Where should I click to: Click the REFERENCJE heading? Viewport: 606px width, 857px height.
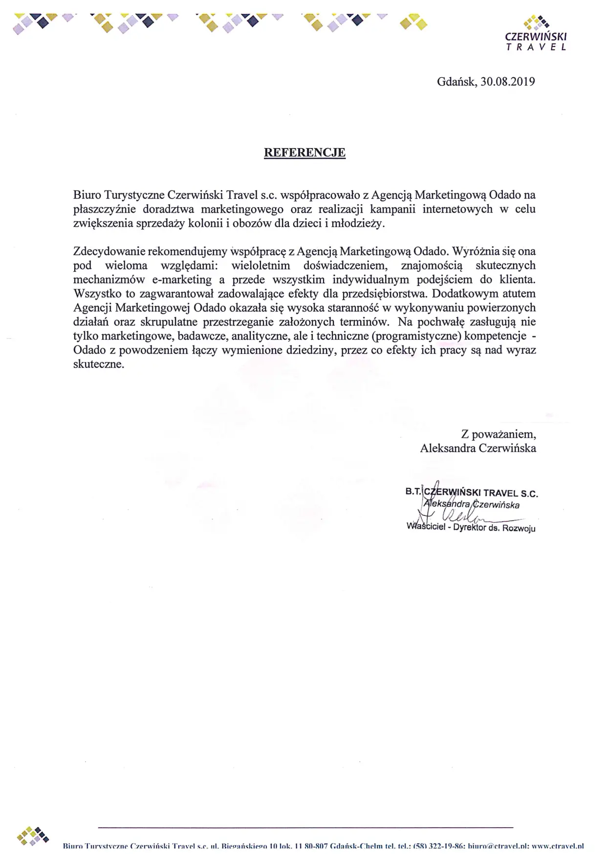tap(304, 153)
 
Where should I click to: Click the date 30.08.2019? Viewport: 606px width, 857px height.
tap(508, 81)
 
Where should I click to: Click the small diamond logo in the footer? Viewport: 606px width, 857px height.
tap(32, 836)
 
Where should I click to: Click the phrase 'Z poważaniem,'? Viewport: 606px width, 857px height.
tap(498, 434)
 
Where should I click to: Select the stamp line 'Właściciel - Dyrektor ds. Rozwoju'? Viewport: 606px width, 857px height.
tap(471, 528)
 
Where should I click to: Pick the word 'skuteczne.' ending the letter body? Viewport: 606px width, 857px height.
tap(99, 365)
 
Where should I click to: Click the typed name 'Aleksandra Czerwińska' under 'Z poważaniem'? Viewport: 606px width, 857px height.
tap(478, 448)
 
